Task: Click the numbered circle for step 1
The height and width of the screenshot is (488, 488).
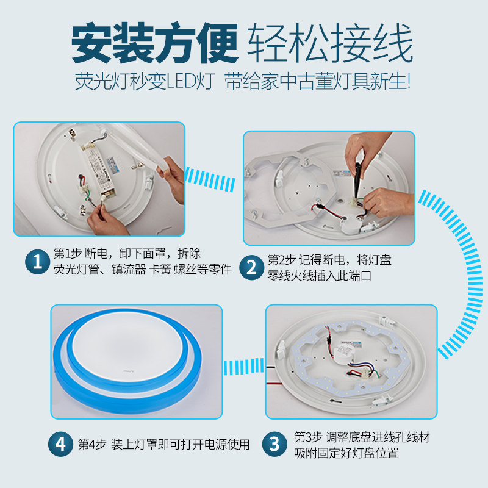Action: (37, 262)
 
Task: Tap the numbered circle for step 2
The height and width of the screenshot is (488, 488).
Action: (251, 267)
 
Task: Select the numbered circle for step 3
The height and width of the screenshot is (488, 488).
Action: (274, 444)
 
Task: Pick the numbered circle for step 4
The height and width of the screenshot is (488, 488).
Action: (60, 444)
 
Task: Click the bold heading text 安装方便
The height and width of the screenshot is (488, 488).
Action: (155, 43)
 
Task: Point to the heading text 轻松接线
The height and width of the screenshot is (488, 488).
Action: (330, 43)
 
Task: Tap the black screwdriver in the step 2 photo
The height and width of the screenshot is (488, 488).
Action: (357, 181)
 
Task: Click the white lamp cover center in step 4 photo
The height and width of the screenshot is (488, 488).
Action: (127, 345)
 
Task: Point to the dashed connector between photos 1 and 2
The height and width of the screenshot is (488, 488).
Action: (210, 179)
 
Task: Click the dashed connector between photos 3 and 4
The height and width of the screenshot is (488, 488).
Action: (243, 367)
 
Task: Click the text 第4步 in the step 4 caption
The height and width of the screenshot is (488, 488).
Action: (92, 444)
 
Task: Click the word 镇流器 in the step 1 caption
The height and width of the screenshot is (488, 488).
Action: (129, 270)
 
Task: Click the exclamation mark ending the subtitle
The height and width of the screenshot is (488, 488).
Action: (408, 82)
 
